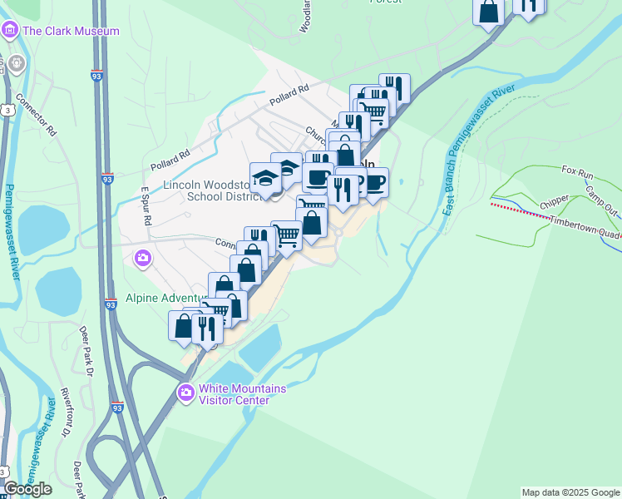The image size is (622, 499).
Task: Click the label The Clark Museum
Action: [x=72, y=32]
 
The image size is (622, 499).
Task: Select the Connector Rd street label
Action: [x=35, y=119]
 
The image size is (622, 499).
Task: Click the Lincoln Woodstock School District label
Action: [x=205, y=190]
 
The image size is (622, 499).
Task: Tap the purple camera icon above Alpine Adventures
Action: [x=143, y=259]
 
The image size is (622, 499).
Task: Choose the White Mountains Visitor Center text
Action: [x=242, y=394]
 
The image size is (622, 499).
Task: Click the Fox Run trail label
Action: [x=577, y=171]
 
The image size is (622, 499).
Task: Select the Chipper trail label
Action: [x=555, y=202]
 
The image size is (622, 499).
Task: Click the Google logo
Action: [x=27, y=489]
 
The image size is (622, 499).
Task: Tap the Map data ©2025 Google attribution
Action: [x=570, y=492]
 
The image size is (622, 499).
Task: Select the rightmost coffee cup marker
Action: [x=375, y=182]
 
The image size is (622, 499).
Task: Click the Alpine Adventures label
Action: [x=165, y=298]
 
